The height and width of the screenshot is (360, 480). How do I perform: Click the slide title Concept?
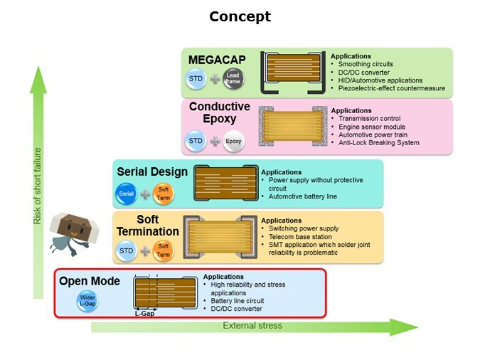point(240,16)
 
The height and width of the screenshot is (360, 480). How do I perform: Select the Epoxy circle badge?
point(233,141)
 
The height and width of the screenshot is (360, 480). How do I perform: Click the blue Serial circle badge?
point(127,194)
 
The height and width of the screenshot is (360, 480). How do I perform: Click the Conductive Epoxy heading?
point(220,112)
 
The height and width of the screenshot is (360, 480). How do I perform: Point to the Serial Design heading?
point(152,171)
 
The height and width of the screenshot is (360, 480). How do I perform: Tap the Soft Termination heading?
point(148,226)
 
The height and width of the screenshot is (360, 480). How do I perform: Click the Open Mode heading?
point(90,282)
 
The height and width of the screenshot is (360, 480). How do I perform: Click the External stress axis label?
point(252,326)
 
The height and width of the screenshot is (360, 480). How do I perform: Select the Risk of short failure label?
point(38,186)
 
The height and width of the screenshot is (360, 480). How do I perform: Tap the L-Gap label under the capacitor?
point(145,312)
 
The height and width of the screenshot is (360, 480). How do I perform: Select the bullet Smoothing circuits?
point(366,64)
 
